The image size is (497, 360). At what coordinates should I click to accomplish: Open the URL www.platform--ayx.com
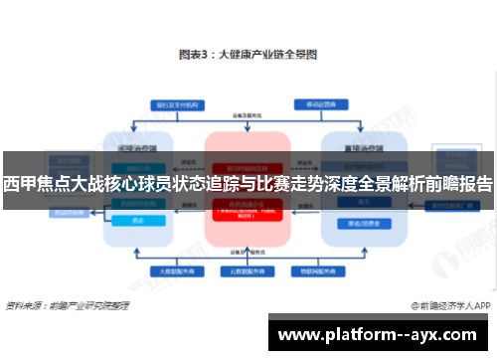[x=382, y=334]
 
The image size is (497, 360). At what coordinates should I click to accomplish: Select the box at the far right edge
[x=445, y=206]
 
